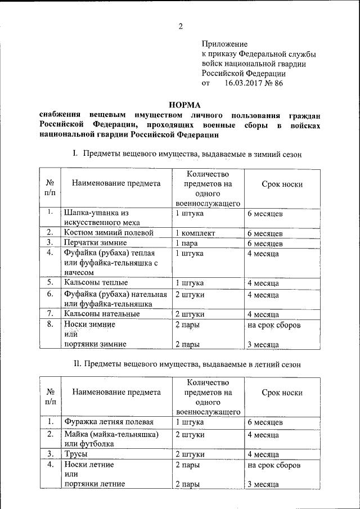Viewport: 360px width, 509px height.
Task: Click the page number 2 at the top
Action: (x=181, y=26)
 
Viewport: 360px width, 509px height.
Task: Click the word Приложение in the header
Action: (x=224, y=44)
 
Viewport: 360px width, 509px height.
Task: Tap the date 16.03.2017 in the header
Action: (x=246, y=83)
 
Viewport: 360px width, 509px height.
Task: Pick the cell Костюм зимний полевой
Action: (x=108, y=232)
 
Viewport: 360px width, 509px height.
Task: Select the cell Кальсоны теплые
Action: (x=96, y=282)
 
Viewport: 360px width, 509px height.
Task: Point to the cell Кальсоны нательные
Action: (x=101, y=314)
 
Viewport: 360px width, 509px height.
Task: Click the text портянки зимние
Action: (x=94, y=344)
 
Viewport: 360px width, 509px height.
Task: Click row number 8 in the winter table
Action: (x=50, y=325)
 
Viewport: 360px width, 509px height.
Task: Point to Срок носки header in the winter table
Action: (x=282, y=183)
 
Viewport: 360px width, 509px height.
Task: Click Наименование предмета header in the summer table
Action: (x=116, y=393)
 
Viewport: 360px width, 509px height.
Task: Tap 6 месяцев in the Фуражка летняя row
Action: (x=264, y=422)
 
